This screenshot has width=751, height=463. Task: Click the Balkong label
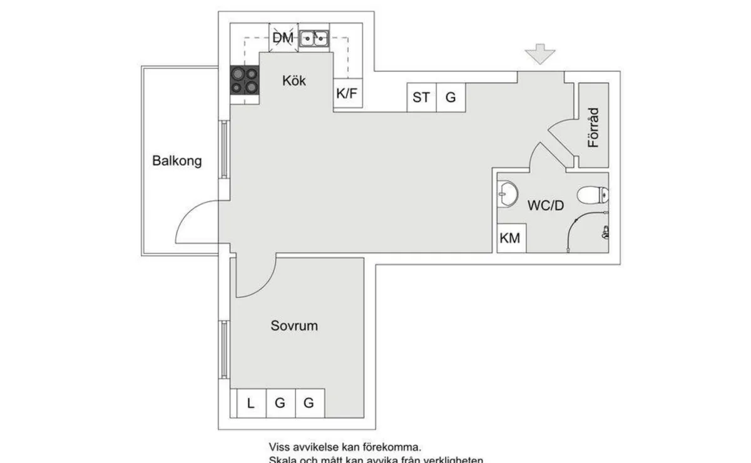point(177,161)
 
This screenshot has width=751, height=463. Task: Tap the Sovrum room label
point(294,326)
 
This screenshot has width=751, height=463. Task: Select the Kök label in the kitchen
point(294,81)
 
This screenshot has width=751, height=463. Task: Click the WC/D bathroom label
point(546,205)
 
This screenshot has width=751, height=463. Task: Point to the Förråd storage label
point(593,128)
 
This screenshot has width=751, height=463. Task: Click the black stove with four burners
point(245,80)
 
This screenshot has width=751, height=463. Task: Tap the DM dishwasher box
point(283,38)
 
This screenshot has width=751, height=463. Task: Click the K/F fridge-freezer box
point(347,94)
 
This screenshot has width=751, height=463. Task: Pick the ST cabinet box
point(421,98)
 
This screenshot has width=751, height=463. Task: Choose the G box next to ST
point(451,98)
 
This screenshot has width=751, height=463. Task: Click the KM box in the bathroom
point(511,239)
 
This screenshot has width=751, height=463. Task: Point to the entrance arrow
point(540,54)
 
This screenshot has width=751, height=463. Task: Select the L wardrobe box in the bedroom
point(250,404)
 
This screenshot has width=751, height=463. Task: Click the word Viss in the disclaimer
point(280,447)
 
